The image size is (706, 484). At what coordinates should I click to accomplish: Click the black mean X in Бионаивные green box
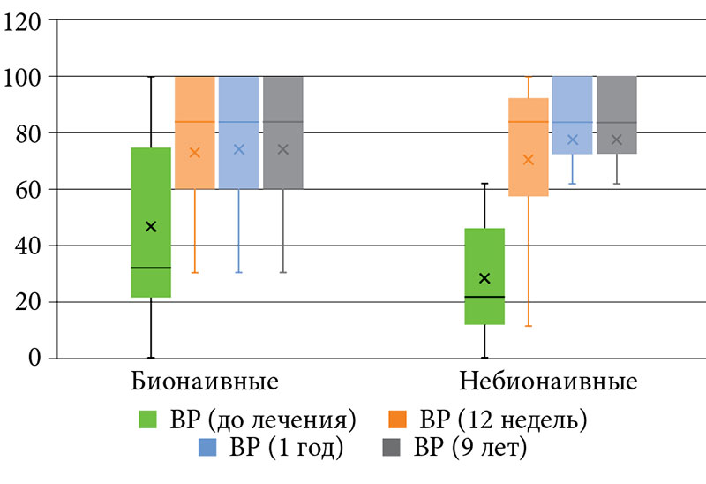pos(151,227)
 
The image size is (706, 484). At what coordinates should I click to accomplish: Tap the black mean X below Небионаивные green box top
pos(484,278)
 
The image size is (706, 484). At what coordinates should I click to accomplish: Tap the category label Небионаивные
pos(548,383)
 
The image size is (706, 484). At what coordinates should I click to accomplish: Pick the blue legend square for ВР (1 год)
pos(205,448)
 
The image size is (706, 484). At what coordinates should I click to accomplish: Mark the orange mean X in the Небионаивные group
pos(529,160)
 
